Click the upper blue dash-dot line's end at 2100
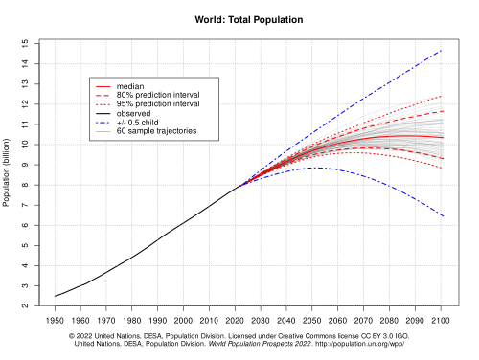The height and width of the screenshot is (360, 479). tap(441, 50)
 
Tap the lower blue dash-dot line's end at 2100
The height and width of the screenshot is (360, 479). tap(441, 216)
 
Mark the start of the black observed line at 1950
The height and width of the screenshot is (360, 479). tap(56, 296)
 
